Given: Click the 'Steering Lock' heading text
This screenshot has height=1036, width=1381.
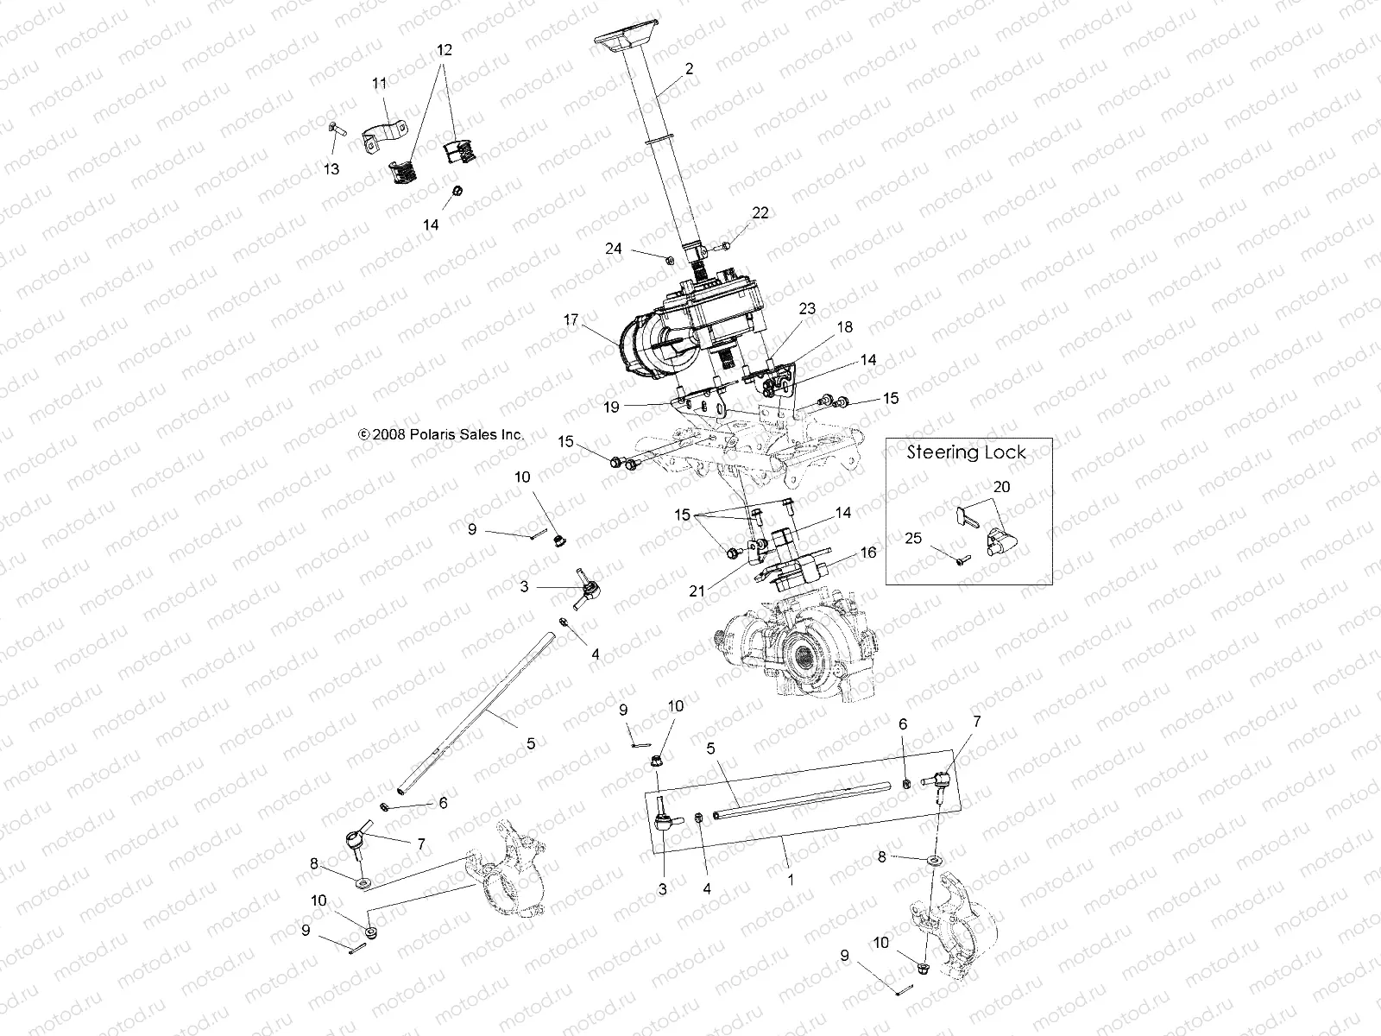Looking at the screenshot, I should [967, 452].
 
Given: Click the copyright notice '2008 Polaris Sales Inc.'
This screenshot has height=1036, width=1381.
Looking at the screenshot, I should [441, 435].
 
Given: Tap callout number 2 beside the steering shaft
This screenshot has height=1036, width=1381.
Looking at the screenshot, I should [688, 68].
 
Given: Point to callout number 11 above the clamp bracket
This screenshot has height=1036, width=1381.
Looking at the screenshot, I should [380, 83].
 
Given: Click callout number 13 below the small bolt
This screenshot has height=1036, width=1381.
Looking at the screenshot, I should [331, 169].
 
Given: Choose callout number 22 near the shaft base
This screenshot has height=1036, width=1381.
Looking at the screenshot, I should [760, 213].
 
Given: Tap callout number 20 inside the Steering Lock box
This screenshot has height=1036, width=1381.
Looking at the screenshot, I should [1000, 487].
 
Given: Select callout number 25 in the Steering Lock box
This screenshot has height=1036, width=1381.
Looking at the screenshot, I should [914, 538].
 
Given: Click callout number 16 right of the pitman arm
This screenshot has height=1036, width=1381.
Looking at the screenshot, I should [868, 552].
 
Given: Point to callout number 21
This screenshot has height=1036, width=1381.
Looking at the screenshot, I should [697, 591].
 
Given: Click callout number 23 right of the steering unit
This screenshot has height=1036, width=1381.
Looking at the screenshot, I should [806, 308].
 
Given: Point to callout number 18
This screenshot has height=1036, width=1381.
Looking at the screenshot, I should [844, 327].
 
